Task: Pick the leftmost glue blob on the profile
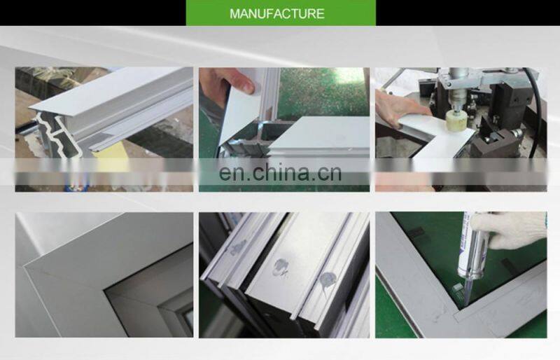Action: [238, 247]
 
